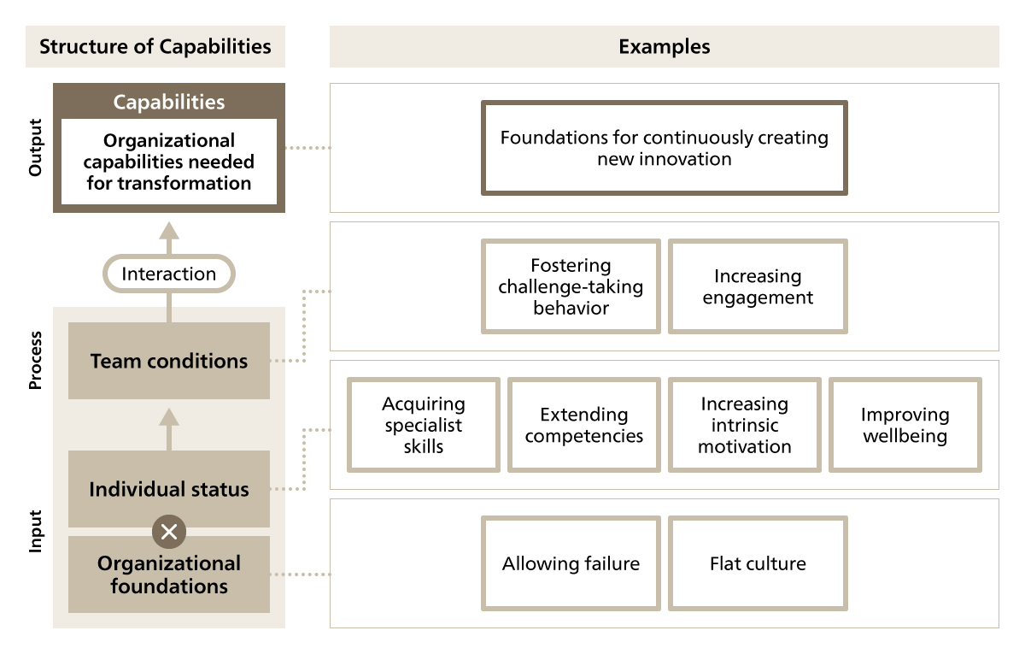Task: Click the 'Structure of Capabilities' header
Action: pyautogui.click(x=155, y=46)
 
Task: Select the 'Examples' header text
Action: pyautogui.click(x=664, y=46)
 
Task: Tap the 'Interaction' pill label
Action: pyautogui.click(x=168, y=274)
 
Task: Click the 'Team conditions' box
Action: pyautogui.click(x=169, y=361)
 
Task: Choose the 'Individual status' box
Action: pyautogui.click(x=169, y=489)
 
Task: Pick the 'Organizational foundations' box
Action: pyautogui.click(x=169, y=574)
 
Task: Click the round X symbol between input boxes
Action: pyautogui.click(x=169, y=532)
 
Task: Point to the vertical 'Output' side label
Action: pyautogui.click(x=35, y=148)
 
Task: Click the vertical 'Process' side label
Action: pyautogui.click(x=35, y=362)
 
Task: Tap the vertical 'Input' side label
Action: pyautogui.click(x=35, y=532)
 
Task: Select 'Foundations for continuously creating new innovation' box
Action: pyautogui.click(x=665, y=148)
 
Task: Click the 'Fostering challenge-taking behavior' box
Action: pyautogui.click(x=571, y=286)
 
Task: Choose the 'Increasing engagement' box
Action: pyautogui.click(x=758, y=286)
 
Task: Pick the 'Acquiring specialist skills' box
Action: pyautogui.click(x=424, y=425)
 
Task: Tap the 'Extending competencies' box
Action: pyautogui.click(x=584, y=425)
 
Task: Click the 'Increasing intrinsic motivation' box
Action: pyautogui.click(x=744, y=425)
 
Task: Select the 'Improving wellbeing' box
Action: pyautogui.click(x=905, y=425)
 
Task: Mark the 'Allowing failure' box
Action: pyautogui.click(x=571, y=563)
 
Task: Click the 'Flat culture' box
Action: pyautogui.click(x=758, y=563)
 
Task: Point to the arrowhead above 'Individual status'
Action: pyautogui.click(x=169, y=416)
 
